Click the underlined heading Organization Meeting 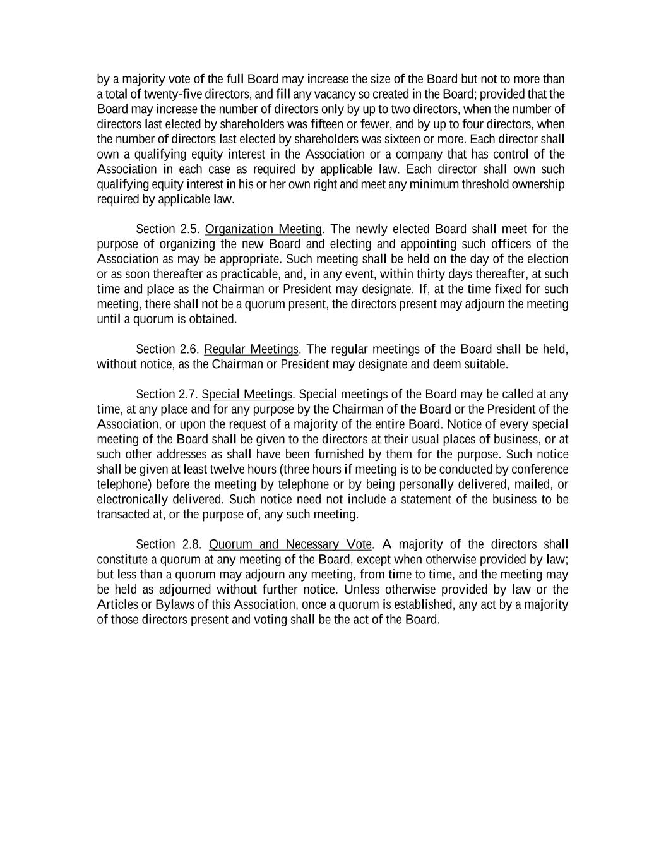[x=263, y=229]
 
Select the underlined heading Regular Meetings [x=251, y=349]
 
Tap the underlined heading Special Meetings [x=247, y=395]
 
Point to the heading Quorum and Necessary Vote [x=290, y=544]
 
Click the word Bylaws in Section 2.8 [x=174, y=604]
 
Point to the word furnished [x=339, y=455]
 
